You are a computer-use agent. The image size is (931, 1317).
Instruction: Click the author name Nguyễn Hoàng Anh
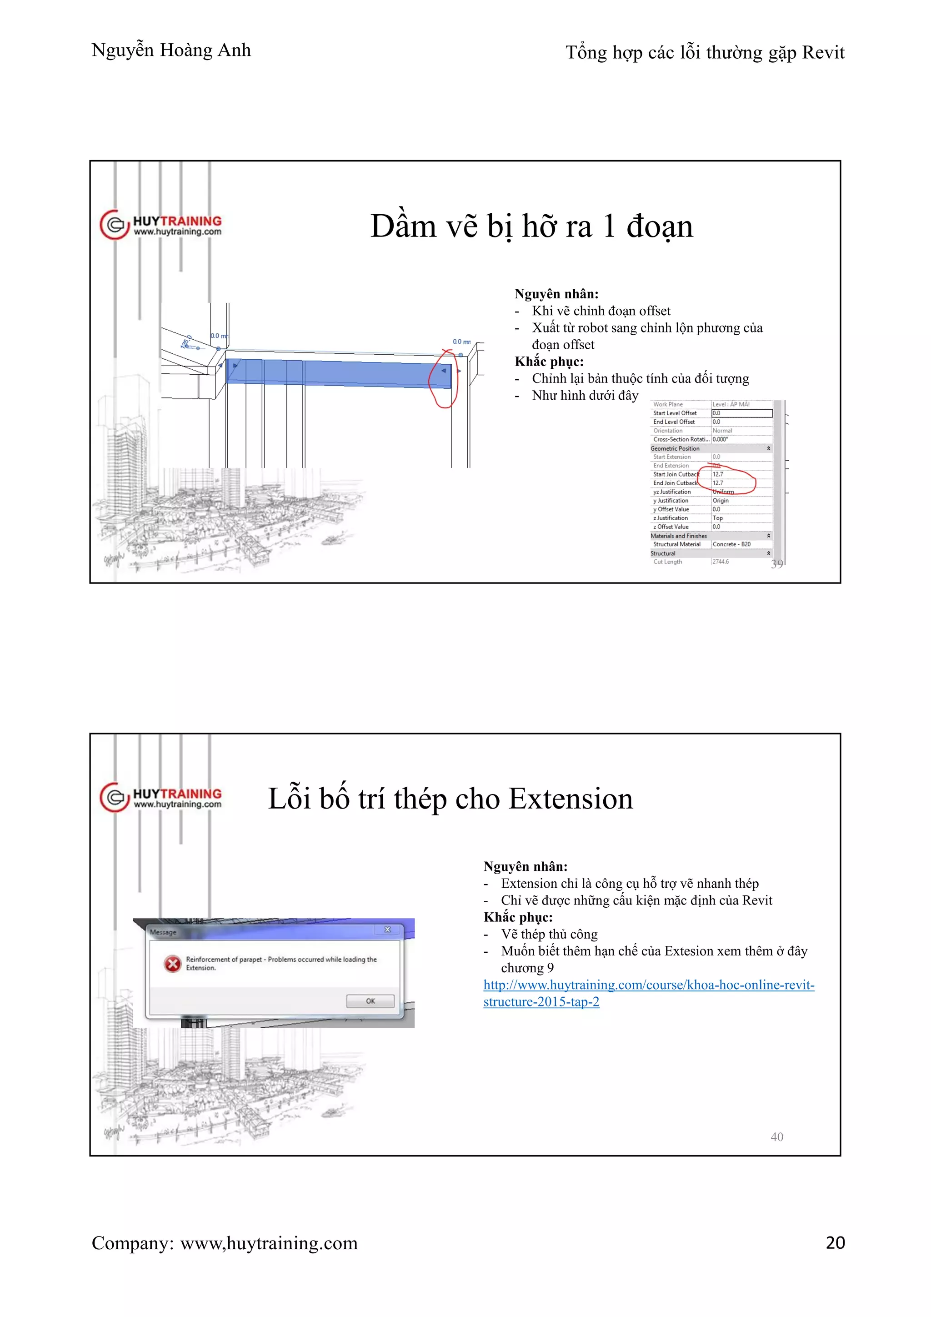click(x=171, y=50)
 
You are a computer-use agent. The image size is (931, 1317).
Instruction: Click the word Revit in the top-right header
click(x=823, y=53)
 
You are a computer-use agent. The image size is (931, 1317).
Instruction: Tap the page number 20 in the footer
click(x=835, y=1242)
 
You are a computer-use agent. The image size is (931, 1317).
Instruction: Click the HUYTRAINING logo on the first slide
click(x=161, y=225)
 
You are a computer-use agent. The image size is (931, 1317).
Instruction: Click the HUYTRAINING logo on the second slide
click(x=161, y=797)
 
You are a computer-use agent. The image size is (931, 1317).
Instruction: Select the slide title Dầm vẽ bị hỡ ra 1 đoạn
click(x=531, y=226)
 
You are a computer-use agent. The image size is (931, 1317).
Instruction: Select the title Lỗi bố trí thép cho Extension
click(x=450, y=799)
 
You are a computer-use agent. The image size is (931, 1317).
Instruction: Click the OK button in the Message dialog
click(x=370, y=1001)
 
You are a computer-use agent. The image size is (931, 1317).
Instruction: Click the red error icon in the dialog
click(x=172, y=964)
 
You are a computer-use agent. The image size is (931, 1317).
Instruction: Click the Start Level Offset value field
click(x=741, y=413)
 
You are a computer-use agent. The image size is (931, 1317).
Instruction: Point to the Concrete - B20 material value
click(x=731, y=544)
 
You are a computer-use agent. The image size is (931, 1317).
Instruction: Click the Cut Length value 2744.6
click(x=721, y=562)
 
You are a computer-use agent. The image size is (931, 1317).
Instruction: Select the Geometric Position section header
click(x=676, y=448)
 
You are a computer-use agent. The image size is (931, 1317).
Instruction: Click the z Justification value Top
click(x=718, y=518)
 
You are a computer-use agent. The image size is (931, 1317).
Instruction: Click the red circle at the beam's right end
click(x=443, y=378)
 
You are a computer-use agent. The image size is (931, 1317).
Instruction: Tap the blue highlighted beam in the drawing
click(x=338, y=372)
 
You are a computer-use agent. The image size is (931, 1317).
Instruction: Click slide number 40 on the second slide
click(x=777, y=1137)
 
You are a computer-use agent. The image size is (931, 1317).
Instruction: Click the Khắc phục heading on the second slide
click(x=518, y=917)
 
